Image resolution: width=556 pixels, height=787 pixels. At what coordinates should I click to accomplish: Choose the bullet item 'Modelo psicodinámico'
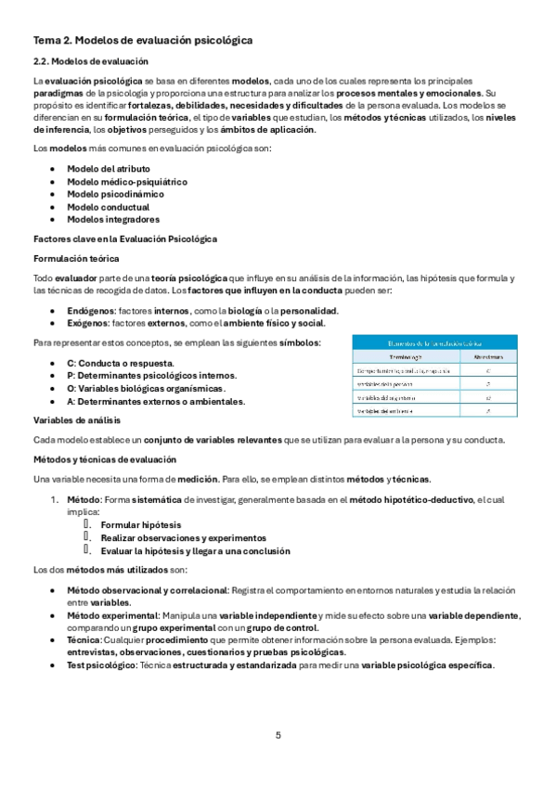(x=115, y=194)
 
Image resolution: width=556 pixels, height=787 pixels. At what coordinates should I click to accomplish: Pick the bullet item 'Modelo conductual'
(x=107, y=207)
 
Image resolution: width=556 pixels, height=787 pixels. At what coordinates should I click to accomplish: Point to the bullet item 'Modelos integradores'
(x=113, y=220)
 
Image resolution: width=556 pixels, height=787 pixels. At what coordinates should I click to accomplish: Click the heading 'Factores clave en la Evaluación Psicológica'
(x=124, y=239)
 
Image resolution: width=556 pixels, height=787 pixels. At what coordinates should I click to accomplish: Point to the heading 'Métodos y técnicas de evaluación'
(x=102, y=458)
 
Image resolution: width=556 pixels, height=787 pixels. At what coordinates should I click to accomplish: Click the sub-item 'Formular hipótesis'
(x=140, y=524)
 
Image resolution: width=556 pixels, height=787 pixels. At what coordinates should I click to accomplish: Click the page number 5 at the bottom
(x=278, y=735)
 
